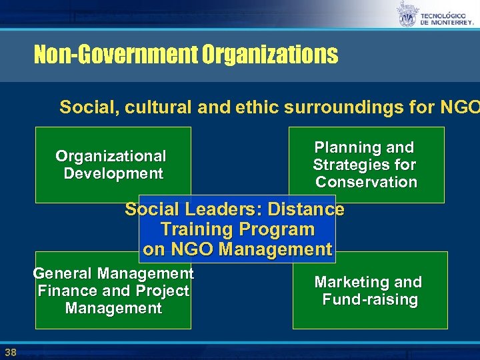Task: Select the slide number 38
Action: (10, 352)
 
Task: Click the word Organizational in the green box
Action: (111, 157)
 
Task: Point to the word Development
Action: (113, 174)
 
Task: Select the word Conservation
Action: (366, 182)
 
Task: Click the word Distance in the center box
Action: (306, 209)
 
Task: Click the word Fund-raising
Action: (370, 299)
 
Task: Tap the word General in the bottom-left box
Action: (62, 273)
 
